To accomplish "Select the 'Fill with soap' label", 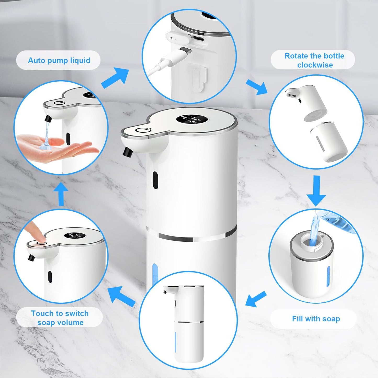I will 316,319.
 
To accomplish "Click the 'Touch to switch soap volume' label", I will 60,318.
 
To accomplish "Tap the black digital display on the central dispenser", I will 192,120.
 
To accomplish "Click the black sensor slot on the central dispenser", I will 156,180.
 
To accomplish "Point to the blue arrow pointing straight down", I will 316,191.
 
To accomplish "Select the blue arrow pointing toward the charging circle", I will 115,78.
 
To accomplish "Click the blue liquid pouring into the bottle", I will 314,232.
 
